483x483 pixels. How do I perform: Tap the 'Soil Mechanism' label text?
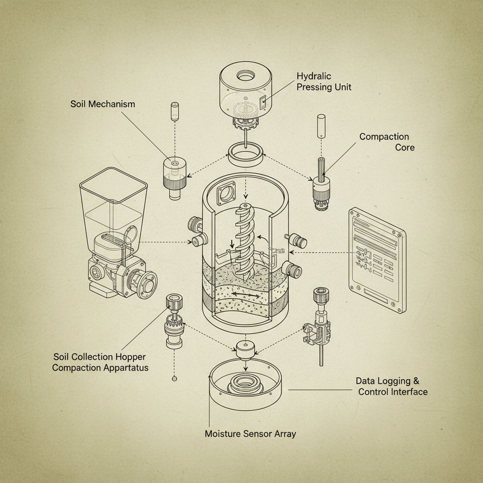(x=102, y=104)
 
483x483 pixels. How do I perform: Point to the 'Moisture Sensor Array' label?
(x=250, y=433)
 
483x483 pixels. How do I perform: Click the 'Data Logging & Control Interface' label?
(x=391, y=386)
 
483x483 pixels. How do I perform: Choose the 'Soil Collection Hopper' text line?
(x=100, y=357)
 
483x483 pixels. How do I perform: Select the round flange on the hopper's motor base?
(x=147, y=284)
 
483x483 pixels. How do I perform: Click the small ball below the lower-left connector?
(x=175, y=378)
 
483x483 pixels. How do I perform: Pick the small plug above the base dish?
(x=245, y=350)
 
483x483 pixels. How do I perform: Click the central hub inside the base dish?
(x=245, y=384)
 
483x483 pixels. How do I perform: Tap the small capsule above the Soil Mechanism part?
(x=175, y=110)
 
